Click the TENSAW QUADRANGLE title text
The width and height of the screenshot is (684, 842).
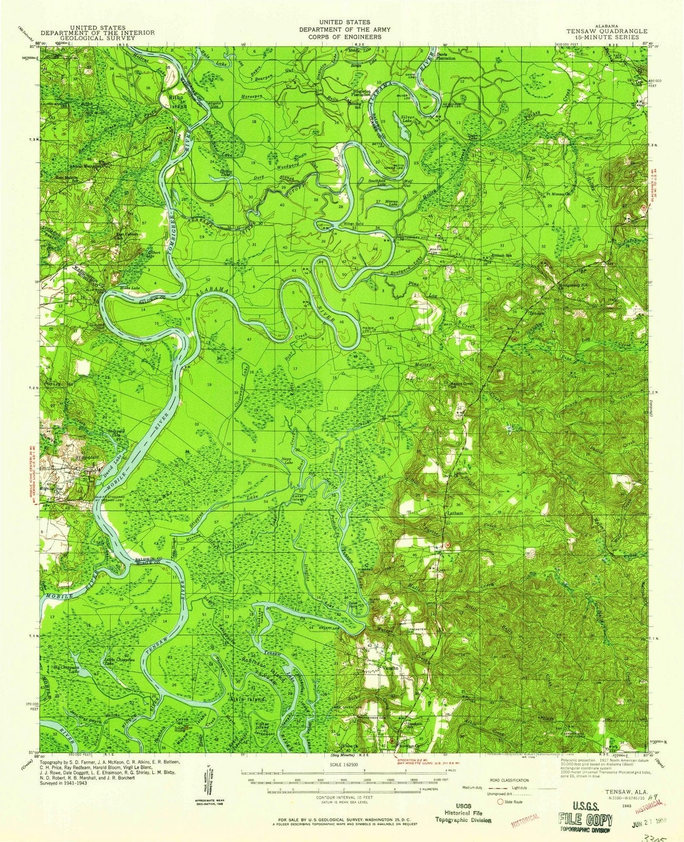(x=612, y=31)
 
